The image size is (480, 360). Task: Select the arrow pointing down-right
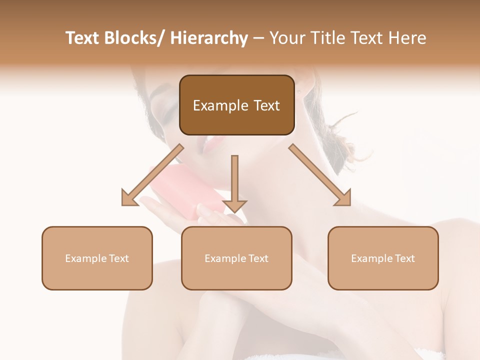click(x=320, y=175)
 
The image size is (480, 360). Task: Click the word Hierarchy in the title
click(x=209, y=38)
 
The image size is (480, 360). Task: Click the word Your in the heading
click(x=286, y=38)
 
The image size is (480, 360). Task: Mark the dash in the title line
click(x=258, y=38)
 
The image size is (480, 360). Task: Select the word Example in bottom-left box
click(x=85, y=258)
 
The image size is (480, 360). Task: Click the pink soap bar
click(x=185, y=192)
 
